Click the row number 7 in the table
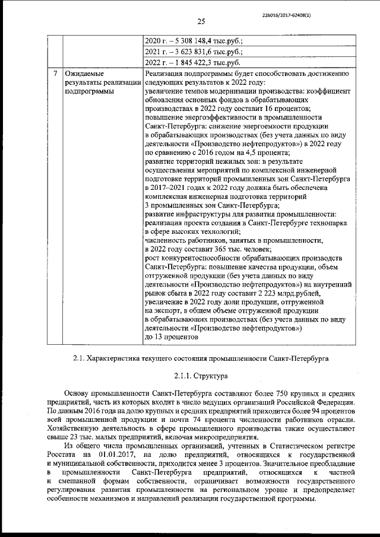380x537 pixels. (x=55, y=74)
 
